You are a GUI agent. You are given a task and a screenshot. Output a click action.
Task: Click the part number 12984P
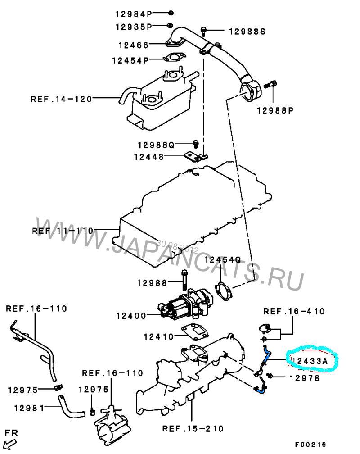point(134,14)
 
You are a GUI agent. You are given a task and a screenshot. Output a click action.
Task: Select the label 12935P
point(134,27)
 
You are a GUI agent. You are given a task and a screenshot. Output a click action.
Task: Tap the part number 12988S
point(247,31)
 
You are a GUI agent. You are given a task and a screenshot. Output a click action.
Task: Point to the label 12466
point(133,45)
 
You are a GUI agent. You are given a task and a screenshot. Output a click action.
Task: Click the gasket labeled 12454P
point(175,58)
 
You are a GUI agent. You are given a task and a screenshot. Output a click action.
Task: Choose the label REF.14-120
point(61,99)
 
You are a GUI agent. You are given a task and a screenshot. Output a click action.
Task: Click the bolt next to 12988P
point(270,85)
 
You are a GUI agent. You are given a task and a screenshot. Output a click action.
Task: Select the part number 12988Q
point(156,145)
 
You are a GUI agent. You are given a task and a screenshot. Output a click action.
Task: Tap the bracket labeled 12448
point(196,157)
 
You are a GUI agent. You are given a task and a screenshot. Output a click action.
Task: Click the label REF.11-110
point(63,231)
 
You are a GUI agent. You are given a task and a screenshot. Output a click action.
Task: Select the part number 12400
point(131,316)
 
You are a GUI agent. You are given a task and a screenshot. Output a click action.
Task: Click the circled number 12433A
point(309,361)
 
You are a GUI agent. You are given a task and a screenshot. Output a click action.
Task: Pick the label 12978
point(305,378)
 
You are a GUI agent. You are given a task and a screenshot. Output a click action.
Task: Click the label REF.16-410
point(294,312)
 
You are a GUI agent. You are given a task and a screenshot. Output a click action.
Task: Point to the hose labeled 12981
point(70,407)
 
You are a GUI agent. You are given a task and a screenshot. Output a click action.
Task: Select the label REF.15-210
point(193,428)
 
